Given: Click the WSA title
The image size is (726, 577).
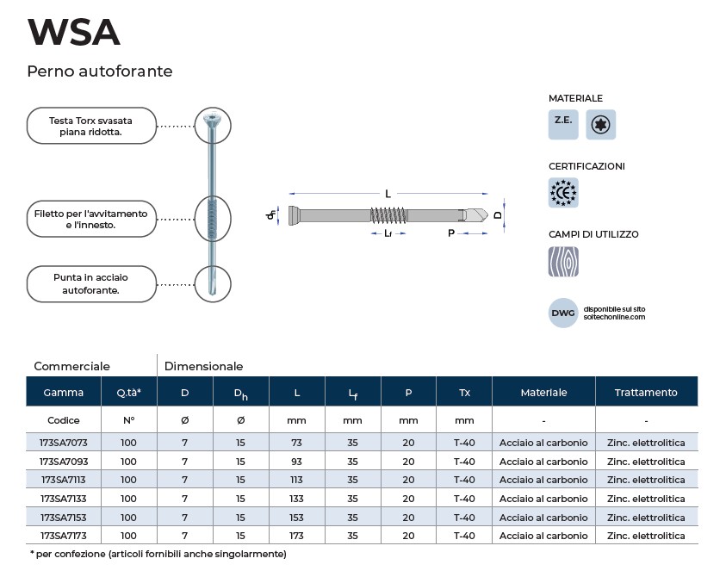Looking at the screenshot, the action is (74, 32).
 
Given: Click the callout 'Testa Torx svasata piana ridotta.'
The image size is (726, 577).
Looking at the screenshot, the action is (91, 126).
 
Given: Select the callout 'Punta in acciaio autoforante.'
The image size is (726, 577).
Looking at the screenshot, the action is (91, 284).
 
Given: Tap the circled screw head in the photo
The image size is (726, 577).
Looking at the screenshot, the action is (213, 126).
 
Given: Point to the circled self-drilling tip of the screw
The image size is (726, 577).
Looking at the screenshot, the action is (213, 284).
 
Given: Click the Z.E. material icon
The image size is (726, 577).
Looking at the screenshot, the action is (563, 125).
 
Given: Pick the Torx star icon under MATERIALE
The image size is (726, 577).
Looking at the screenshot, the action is (600, 125).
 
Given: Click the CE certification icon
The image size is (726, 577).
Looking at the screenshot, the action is (563, 193).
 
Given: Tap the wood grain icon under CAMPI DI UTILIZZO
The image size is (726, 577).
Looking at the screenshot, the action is (563, 262).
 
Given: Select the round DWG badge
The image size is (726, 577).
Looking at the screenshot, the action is (563, 313).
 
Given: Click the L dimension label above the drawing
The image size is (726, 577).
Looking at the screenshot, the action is (388, 194).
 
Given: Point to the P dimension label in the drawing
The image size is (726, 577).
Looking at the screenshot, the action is (451, 233).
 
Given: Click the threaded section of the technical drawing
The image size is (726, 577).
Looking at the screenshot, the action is (389, 215).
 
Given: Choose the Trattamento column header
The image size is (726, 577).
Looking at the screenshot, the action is (646, 393).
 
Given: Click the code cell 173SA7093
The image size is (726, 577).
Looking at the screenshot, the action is (64, 462).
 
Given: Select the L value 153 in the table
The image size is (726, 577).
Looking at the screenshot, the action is (296, 518).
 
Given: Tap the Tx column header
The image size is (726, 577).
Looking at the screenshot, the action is (464, 393).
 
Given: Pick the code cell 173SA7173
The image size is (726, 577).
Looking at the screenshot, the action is (64, 536).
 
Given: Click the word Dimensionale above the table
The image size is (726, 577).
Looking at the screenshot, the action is (204, 366).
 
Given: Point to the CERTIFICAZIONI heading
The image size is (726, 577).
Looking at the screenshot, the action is (586, 166).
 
